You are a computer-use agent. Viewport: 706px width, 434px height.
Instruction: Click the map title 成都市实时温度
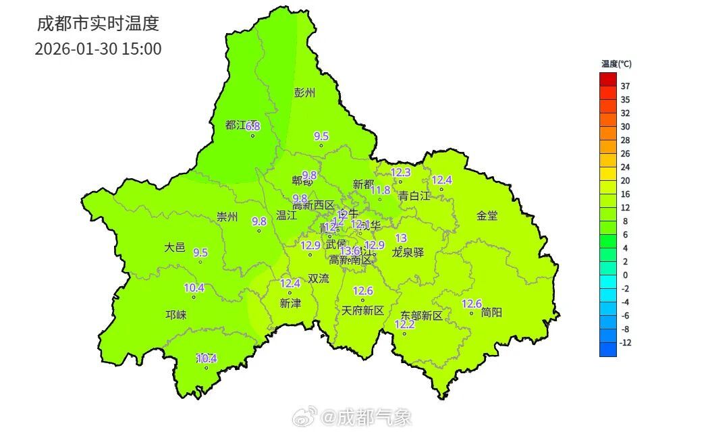tap(97, 24)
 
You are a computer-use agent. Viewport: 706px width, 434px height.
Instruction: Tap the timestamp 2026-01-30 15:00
tap(98, 49)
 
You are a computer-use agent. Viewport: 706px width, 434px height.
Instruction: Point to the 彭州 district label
tap(304, 93)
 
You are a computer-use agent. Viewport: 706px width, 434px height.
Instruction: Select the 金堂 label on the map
tap(487, 216)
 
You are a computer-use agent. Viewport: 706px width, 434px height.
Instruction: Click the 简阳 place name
tap(491, 313)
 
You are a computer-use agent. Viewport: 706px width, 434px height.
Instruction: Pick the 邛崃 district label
tap(176, 315)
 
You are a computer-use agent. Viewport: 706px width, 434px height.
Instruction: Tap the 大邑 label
tap(174, 248)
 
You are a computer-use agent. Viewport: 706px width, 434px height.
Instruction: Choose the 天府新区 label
tap(362, 310)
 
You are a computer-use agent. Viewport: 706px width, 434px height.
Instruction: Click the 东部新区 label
tap(421, 315)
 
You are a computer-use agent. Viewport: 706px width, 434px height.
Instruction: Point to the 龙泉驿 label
tap(408, 252)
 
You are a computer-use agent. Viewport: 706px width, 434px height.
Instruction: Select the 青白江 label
tap(414, 196)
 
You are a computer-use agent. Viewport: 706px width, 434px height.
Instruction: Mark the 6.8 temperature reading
tap(253, 126)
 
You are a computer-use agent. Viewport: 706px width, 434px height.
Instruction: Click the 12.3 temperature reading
tap(400, 173)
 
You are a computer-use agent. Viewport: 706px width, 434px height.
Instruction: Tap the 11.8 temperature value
tap(381, 190)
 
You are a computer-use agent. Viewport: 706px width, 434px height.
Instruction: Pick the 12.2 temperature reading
tap(404, 325)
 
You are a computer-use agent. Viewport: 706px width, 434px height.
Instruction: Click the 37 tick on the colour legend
tap(625, 86)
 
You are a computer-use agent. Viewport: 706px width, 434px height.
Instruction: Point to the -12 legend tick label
tap(625, 342)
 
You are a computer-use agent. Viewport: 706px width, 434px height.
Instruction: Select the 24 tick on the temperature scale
tap(625, 167)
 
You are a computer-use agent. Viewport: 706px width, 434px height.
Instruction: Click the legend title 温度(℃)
tap(616, 64)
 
